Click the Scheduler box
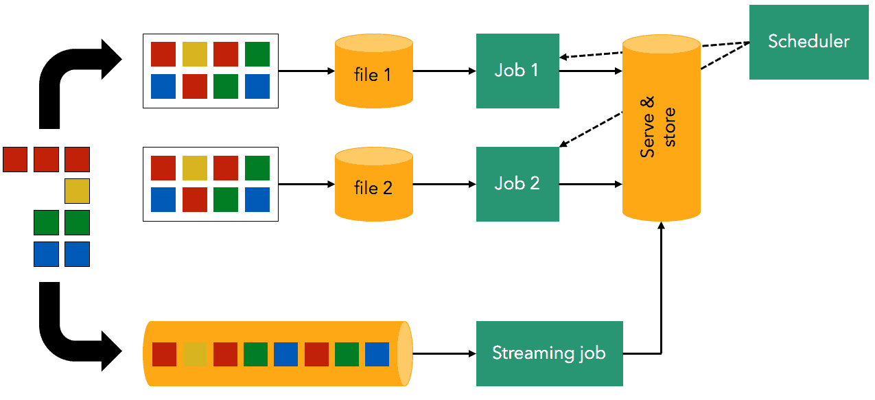point(808,42)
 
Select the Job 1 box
point(517,71)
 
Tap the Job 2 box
point(517,184)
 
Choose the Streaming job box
point(549,353)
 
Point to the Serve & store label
point(660,128)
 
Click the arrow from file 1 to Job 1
point(444,71)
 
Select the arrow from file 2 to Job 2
point(444,184)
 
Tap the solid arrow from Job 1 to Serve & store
point(590,71)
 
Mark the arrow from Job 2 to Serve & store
point(590,184)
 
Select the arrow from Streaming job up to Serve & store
point(660,288)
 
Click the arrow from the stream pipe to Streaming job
point(444,353)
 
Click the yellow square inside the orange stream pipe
point(195,354)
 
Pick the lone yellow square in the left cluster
point(77,191)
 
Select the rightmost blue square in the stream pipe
point(377,354)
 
